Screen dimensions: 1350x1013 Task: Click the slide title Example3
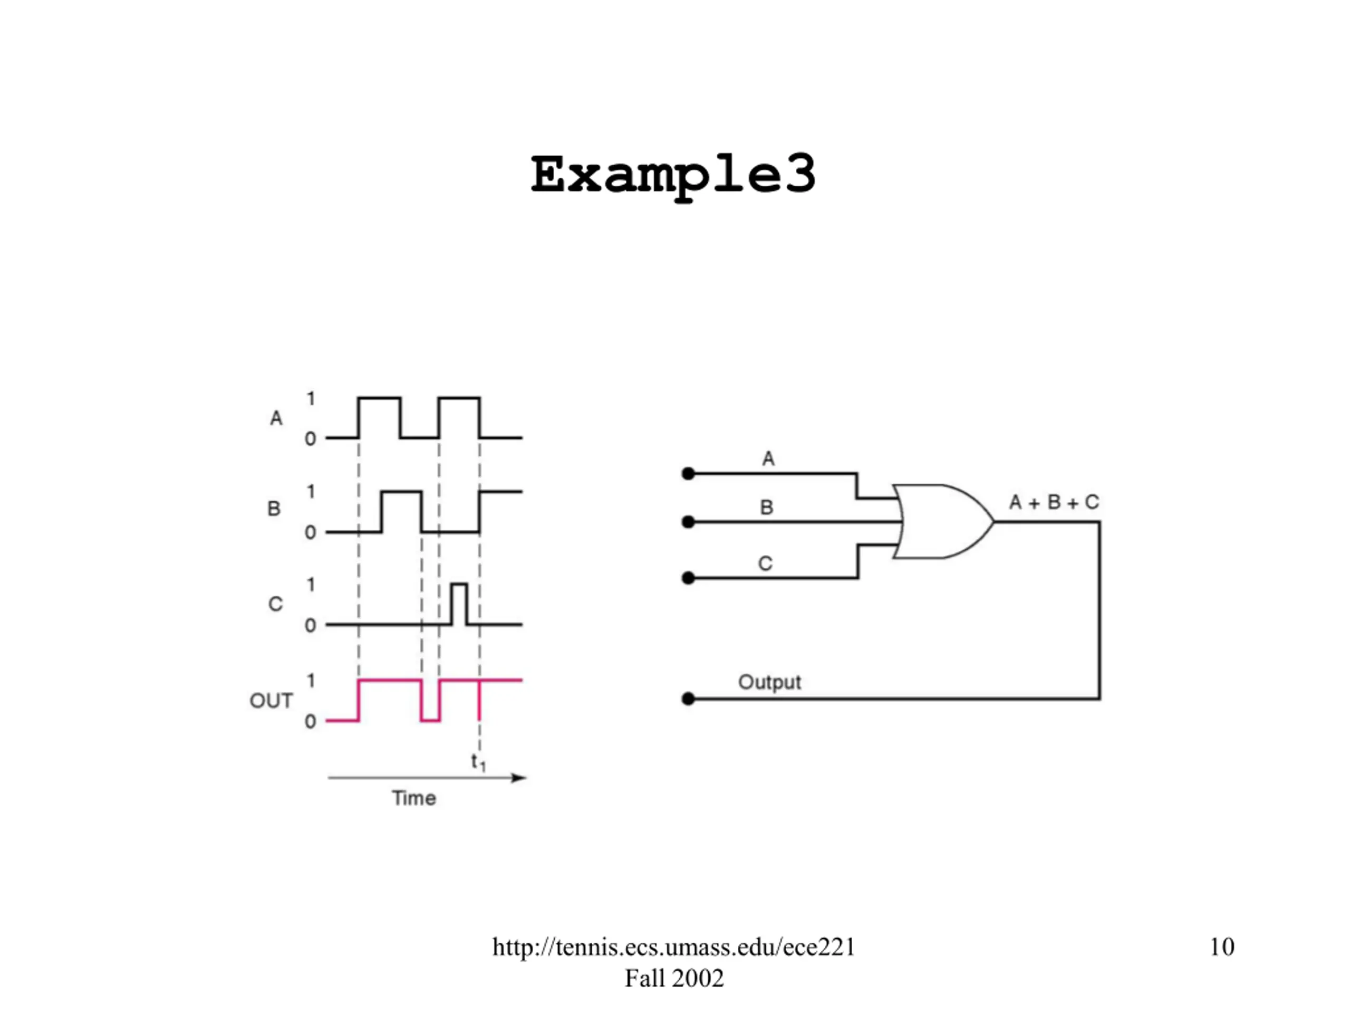673,176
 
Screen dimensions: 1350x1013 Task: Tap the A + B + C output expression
1054,502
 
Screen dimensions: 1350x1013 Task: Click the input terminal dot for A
688,473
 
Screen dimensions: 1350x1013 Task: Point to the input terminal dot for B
688,522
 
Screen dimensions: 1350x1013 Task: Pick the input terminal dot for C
688,578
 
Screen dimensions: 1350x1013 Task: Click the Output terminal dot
688,699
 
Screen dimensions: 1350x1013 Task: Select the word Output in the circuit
769,682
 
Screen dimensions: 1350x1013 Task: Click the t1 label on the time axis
478,762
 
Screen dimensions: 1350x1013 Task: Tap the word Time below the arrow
414,798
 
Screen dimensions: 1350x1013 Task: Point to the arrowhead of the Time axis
519,777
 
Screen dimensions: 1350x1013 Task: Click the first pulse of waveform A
380,418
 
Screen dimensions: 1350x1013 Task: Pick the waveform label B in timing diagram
274,509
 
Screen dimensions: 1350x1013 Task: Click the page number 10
1222,947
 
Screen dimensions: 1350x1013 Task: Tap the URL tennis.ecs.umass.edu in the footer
674,947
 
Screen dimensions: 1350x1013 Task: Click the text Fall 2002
674,978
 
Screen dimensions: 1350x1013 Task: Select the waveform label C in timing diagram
275,604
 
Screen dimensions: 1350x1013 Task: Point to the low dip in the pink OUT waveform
430,721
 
